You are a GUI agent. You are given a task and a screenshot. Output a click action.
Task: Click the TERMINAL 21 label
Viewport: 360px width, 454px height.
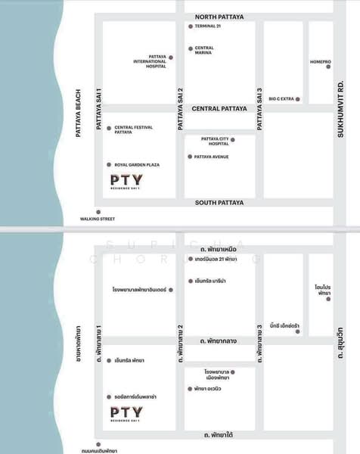click(x=209, y=26)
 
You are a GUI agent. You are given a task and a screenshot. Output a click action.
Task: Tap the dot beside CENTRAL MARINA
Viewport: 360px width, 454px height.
click(x=190, y=50)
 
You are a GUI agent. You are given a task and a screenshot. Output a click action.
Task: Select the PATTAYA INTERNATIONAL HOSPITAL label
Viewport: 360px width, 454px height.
click(x=150, y=61)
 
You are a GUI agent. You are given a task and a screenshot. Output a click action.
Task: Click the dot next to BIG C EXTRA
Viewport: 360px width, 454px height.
click(x=297, y=99)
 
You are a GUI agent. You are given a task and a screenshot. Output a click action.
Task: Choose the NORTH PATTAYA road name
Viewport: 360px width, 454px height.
click(x=220, y=15)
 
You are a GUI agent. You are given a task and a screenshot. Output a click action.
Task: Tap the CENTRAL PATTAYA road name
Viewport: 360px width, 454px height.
click(x=219, y=109)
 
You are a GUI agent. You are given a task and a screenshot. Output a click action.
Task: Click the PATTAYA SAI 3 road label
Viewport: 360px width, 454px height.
click(x=259, y=109)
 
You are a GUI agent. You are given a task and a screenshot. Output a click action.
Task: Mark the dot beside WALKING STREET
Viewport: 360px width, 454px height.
click(x=98, y=212)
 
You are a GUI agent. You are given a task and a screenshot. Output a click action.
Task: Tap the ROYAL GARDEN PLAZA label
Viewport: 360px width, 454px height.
click(x=137, y=164)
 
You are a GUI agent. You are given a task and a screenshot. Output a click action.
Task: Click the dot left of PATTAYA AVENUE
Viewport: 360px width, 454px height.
click(x=190, y=157)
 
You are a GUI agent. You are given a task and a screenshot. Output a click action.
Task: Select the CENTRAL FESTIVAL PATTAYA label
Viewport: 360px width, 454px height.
click(x=133, y=129)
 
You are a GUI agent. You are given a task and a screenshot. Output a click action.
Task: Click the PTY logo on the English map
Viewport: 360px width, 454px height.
click(x=126, y=182)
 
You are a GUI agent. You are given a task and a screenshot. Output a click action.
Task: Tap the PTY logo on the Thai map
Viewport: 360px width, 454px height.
click(x=126, y=413)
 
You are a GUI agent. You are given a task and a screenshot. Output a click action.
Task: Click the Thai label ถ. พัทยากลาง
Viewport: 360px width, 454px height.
click(x=219, y=341)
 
